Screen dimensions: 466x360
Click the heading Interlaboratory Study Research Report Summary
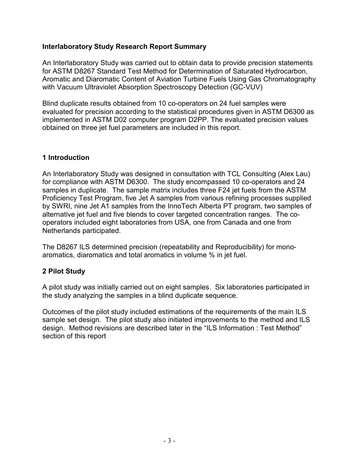(124, 47)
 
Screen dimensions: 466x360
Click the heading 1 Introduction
(66, 158)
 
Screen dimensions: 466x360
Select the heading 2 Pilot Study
(64, 271)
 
